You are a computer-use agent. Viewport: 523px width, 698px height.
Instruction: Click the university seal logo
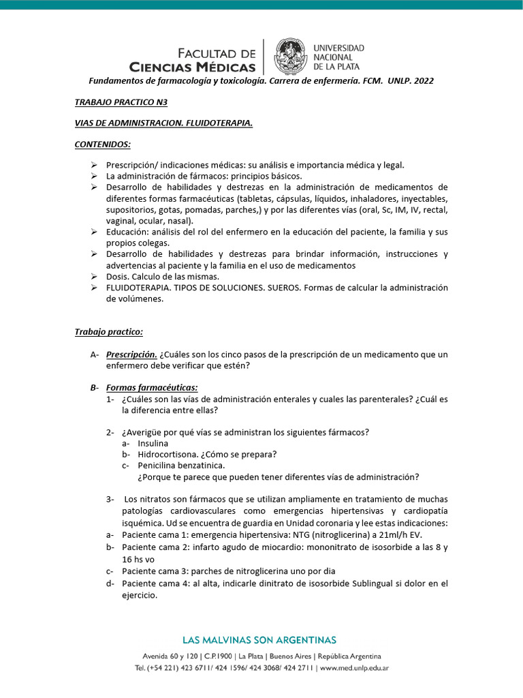(291, 57)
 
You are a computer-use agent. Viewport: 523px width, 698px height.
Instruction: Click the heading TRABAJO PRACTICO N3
(111, 102)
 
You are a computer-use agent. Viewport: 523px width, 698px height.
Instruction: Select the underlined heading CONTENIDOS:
(102, 144)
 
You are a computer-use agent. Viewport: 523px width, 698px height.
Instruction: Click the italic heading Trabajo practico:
(109, 331)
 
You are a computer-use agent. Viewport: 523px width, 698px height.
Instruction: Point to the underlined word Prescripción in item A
(131, 354)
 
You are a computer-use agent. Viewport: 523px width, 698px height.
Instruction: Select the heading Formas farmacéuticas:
(152, 387)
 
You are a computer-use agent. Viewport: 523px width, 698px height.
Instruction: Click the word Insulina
(153, 443)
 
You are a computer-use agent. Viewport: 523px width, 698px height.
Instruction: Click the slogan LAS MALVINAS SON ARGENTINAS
(259, 640)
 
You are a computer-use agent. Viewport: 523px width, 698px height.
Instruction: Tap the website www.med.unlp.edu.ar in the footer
(354, 668)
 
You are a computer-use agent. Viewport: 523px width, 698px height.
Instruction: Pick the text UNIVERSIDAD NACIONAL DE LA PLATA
(338, 57)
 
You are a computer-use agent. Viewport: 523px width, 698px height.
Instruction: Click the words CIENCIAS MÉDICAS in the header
(193, 67)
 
